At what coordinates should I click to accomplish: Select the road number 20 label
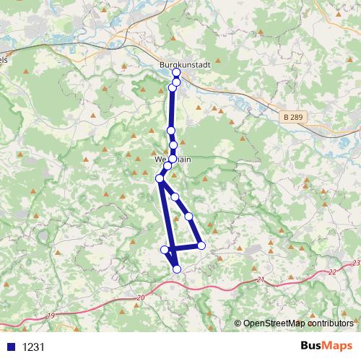pyautogui.click(x=140, y=297)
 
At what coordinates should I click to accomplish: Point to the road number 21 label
pyautogui.click(x=261, y=279)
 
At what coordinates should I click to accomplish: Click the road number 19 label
pyautogui.click(x=51, y=316)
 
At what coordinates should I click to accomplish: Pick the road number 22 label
pyautogui.click(x=331, y=272)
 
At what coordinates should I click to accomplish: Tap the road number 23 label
pyautogui.click(x=355, y=264)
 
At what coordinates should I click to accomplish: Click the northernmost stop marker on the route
pyautogui.click(x=176, y=73)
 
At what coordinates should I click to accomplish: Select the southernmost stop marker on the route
pyautogui.click(x=177, y=269)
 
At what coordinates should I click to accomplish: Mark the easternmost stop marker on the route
pyautogui.click(x=201, y=245)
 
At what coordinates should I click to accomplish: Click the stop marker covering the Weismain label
pyautogui.click(x=173, y=159)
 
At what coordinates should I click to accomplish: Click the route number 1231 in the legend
pyautogui.click(x=33, y=347)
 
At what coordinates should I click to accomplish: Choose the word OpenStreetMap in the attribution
pyautogui.click(x=274, y=323)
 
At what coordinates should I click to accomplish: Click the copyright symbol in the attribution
pyautogui.click(x=238, y=323)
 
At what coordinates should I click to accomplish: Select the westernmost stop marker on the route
pyautogui.click(x=160, y=178)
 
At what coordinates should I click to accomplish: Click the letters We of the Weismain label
pyautogui.click(x=160, y=159)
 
